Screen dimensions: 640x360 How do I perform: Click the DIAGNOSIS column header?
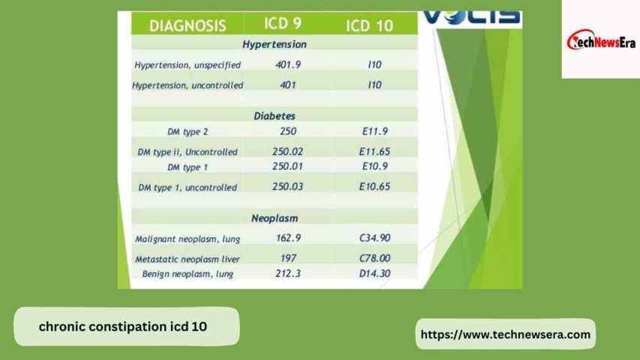coord(188,25)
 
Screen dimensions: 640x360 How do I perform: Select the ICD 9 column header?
coord(283,23)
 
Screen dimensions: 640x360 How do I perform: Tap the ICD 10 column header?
coord(369,25)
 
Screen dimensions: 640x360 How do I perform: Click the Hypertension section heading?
coord(275,44)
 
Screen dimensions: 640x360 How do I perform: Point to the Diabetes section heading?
coord(275,116)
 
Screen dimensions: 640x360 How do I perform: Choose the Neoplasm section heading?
coord(275,218)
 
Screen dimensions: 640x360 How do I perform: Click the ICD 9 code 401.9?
coord(288,64)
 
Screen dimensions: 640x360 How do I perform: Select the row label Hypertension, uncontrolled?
coord(188,85)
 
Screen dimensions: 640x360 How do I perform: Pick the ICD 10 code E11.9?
coord(374,131)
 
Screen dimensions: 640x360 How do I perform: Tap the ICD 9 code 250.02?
coord(288,151)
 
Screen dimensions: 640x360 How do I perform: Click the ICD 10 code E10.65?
coord(374,187)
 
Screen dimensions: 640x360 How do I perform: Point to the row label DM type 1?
coord(188,167)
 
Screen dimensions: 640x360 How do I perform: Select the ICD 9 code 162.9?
coord(288,238)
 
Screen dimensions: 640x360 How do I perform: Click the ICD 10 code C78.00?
coord(374,258)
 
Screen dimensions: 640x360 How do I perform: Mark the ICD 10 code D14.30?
coord(374,274)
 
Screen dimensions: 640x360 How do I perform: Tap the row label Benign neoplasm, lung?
coord(188,274)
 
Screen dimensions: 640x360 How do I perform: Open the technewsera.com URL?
coord(505,334)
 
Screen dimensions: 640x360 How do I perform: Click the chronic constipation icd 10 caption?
coord(123,326)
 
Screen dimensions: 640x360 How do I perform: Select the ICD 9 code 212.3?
coord(288,274)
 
